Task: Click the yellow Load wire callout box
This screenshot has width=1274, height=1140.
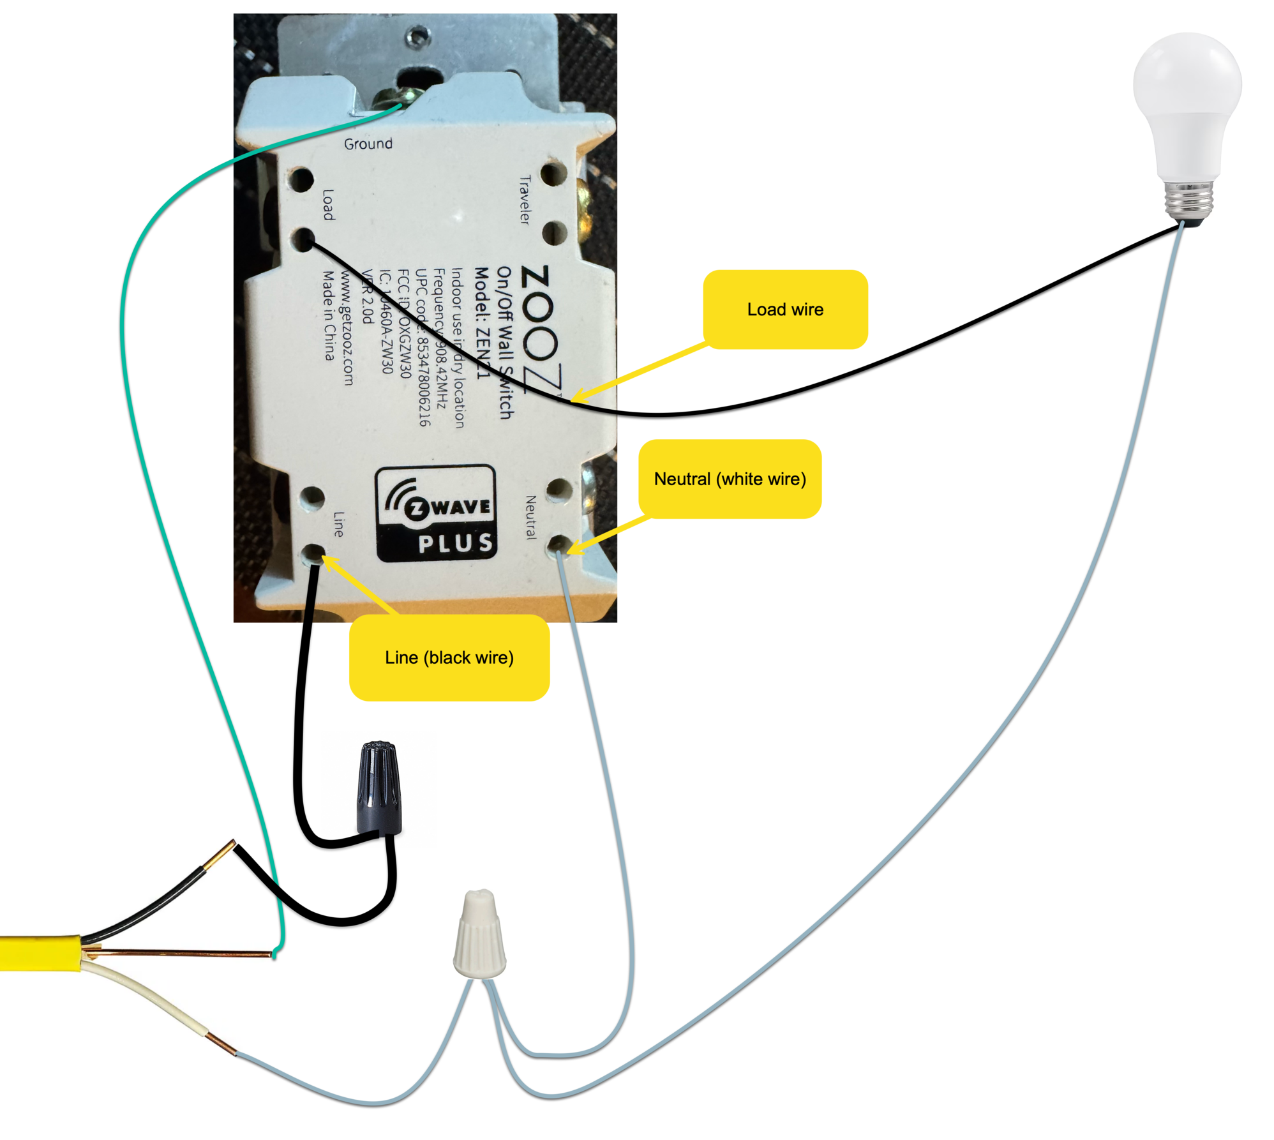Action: pyautogui.click(x=784, y=309)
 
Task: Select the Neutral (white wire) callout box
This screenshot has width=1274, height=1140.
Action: pyautogui.click(x=729, y=478)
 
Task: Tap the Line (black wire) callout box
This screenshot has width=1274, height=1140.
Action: pyautogui.click(x=449, y=657)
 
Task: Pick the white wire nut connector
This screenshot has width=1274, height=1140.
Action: pyautogui.click(x=479, y=935)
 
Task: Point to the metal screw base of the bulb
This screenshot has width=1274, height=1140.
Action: pyautogui.click(x=1188, y=199)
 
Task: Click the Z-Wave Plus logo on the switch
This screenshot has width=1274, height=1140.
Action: pyautogui.click(x=437, y=513)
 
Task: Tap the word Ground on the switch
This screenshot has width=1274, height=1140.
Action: pyautogui.click(x=368, y=144)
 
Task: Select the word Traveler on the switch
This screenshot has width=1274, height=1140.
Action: pyautogui.click(x=524, y=200)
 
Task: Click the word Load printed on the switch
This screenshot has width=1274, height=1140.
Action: pyautogui.click(x=327, y=204)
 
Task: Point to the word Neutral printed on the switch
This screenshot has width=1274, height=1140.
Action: pyautogui.click(x=530, y=517)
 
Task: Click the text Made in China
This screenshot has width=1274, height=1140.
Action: pyautogui.click(x=328, y=315)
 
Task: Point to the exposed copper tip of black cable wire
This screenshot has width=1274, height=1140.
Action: pyautogui.click(x=220, y=854)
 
